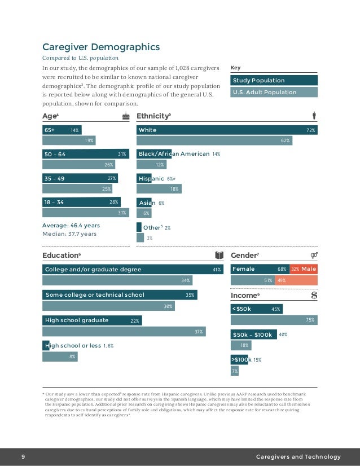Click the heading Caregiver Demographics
(x=101, y=47)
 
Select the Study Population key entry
(x=274, y=80)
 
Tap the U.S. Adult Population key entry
(x=274, y=92)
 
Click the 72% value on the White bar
(x=310, y=130)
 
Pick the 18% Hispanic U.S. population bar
(x=159, y=189)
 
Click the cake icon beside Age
(x=126, y=116)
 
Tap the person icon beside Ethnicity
(x=314, y=116)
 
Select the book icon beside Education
(x=220, y=255)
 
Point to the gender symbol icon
(x=314, y=255)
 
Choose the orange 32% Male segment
(x=303, y=269)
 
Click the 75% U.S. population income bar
(x=274, y=320)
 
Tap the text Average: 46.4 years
(x=71, y=226)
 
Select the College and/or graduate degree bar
(x=133, y=270)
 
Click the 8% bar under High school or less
(x=60, y=356)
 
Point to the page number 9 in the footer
(x=23, y=456)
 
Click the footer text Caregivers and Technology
(x=298, y=456)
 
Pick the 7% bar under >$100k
(x=235, y=371)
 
